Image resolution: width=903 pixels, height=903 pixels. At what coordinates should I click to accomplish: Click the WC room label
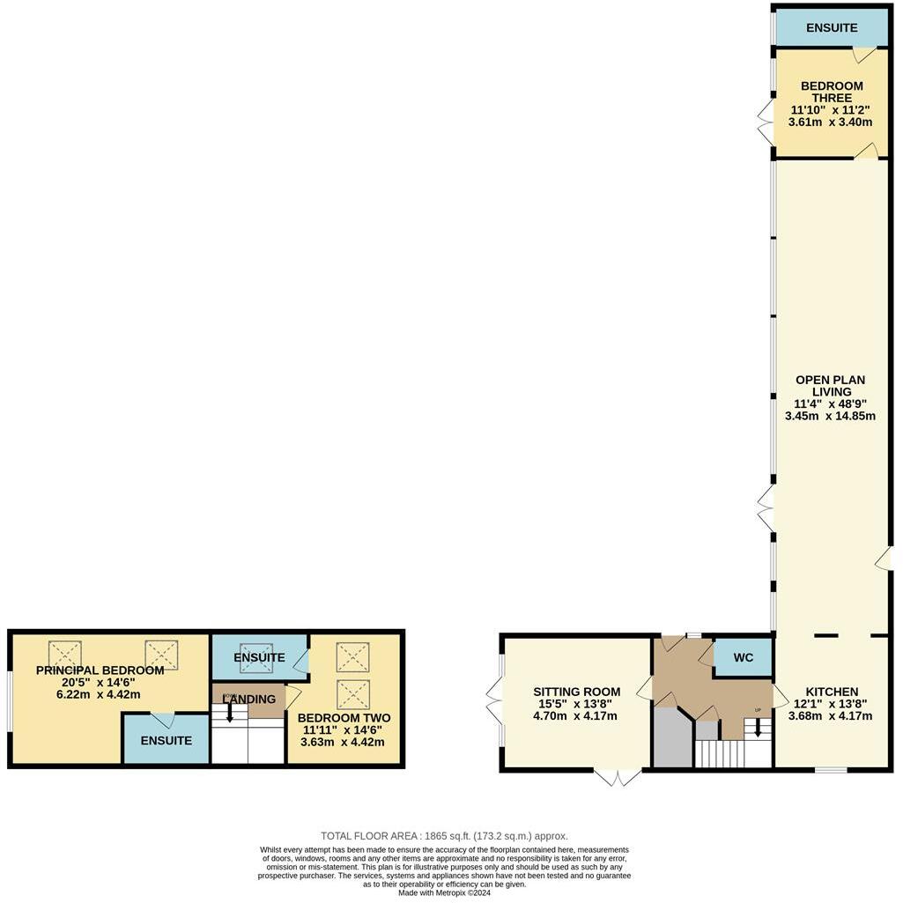point(743,658)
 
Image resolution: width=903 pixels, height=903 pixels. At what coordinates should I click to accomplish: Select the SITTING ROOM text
point(576,692)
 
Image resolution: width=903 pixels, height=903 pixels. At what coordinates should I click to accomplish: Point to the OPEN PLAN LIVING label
point(830,386)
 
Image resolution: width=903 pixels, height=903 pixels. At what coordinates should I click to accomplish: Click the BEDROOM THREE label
point(831,92)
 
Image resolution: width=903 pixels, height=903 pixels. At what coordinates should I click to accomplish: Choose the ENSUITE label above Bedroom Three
point(831,27)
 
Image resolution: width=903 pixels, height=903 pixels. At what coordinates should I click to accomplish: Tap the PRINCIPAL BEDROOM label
point(100,670)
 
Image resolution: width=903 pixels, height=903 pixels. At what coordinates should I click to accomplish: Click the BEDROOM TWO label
point(344,718)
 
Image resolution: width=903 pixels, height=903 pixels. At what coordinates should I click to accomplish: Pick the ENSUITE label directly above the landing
point(259,658)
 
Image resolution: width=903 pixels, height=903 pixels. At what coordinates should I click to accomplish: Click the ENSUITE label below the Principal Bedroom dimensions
point(166,741)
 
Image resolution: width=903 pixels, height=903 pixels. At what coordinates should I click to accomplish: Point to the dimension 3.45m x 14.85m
point(830,416)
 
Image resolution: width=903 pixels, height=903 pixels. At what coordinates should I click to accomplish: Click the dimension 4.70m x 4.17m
point(576,716)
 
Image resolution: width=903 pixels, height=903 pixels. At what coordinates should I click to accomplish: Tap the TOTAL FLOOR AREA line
point(444,836)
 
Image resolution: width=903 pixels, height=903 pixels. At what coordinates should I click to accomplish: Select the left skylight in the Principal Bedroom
point(64,654)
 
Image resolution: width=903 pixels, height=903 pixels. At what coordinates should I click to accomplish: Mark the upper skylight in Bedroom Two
point(352,656)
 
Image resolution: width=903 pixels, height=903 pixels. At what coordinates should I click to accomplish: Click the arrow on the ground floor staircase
point(759,729)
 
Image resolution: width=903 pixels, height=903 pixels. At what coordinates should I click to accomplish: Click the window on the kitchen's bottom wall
point(830,771)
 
